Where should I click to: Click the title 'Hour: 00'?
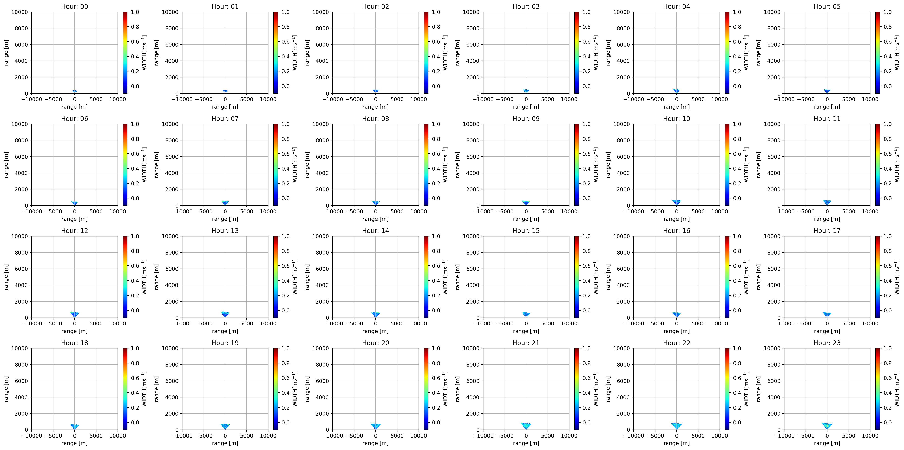click(x=74, y=6)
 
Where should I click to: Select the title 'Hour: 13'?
click(x=225, y=230)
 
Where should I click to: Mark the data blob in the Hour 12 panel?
click(x=74, y=314)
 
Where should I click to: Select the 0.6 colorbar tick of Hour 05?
click(x=887, y=41)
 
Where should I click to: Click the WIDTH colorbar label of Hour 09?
click(x=596, y=164)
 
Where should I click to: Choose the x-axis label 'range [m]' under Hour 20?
click(x=375, y=443)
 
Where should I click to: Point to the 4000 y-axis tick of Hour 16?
click(x=623, y=285)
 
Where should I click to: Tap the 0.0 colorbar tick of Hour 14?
click(x=436, y=310)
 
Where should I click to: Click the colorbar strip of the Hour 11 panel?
click(x=877, y=164)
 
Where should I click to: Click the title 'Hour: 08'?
click(x=375, y=118)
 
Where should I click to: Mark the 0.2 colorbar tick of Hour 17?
click(x=887, y=295)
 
